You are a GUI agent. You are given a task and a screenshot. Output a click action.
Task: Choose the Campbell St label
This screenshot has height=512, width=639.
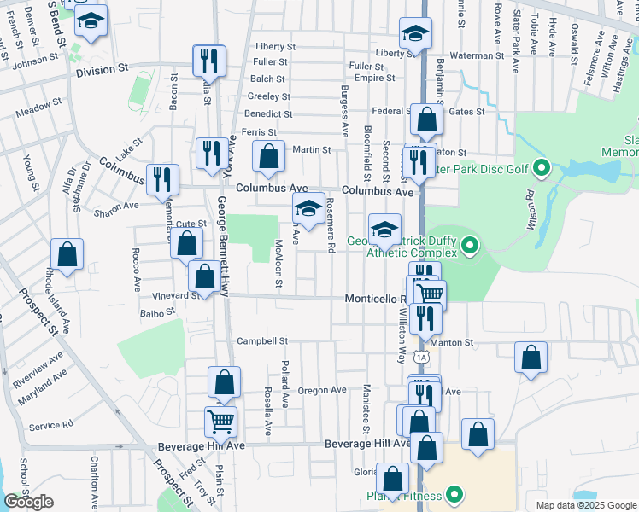262,341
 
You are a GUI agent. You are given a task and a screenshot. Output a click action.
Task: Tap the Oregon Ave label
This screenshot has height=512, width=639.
322,390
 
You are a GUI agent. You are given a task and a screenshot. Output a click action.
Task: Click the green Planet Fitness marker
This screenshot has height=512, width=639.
454,495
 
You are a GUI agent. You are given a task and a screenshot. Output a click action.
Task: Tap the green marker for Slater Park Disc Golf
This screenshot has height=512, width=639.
540,169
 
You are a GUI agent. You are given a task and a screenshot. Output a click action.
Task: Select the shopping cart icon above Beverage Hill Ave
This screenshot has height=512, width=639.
220,420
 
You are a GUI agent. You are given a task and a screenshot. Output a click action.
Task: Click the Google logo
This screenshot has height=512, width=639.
28,502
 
